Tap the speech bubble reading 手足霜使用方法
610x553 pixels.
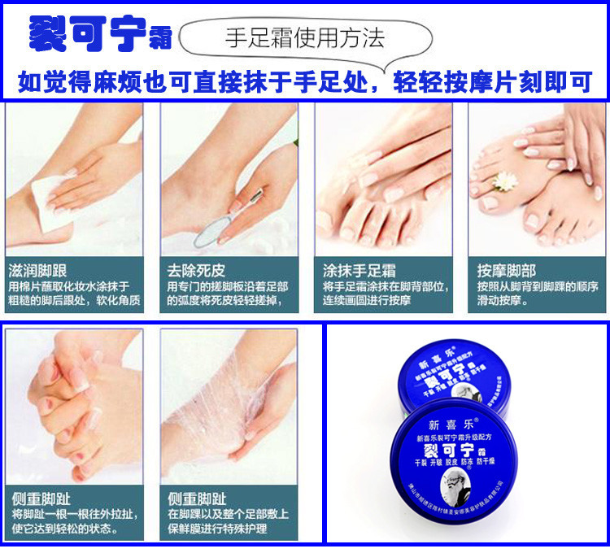(304, 37)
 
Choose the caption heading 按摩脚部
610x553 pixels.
(506, 270)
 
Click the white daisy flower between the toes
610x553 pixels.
(506, 184)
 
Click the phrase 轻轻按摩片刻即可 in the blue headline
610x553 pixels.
(493, 82)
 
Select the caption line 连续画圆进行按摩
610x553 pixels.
(367, 301)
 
